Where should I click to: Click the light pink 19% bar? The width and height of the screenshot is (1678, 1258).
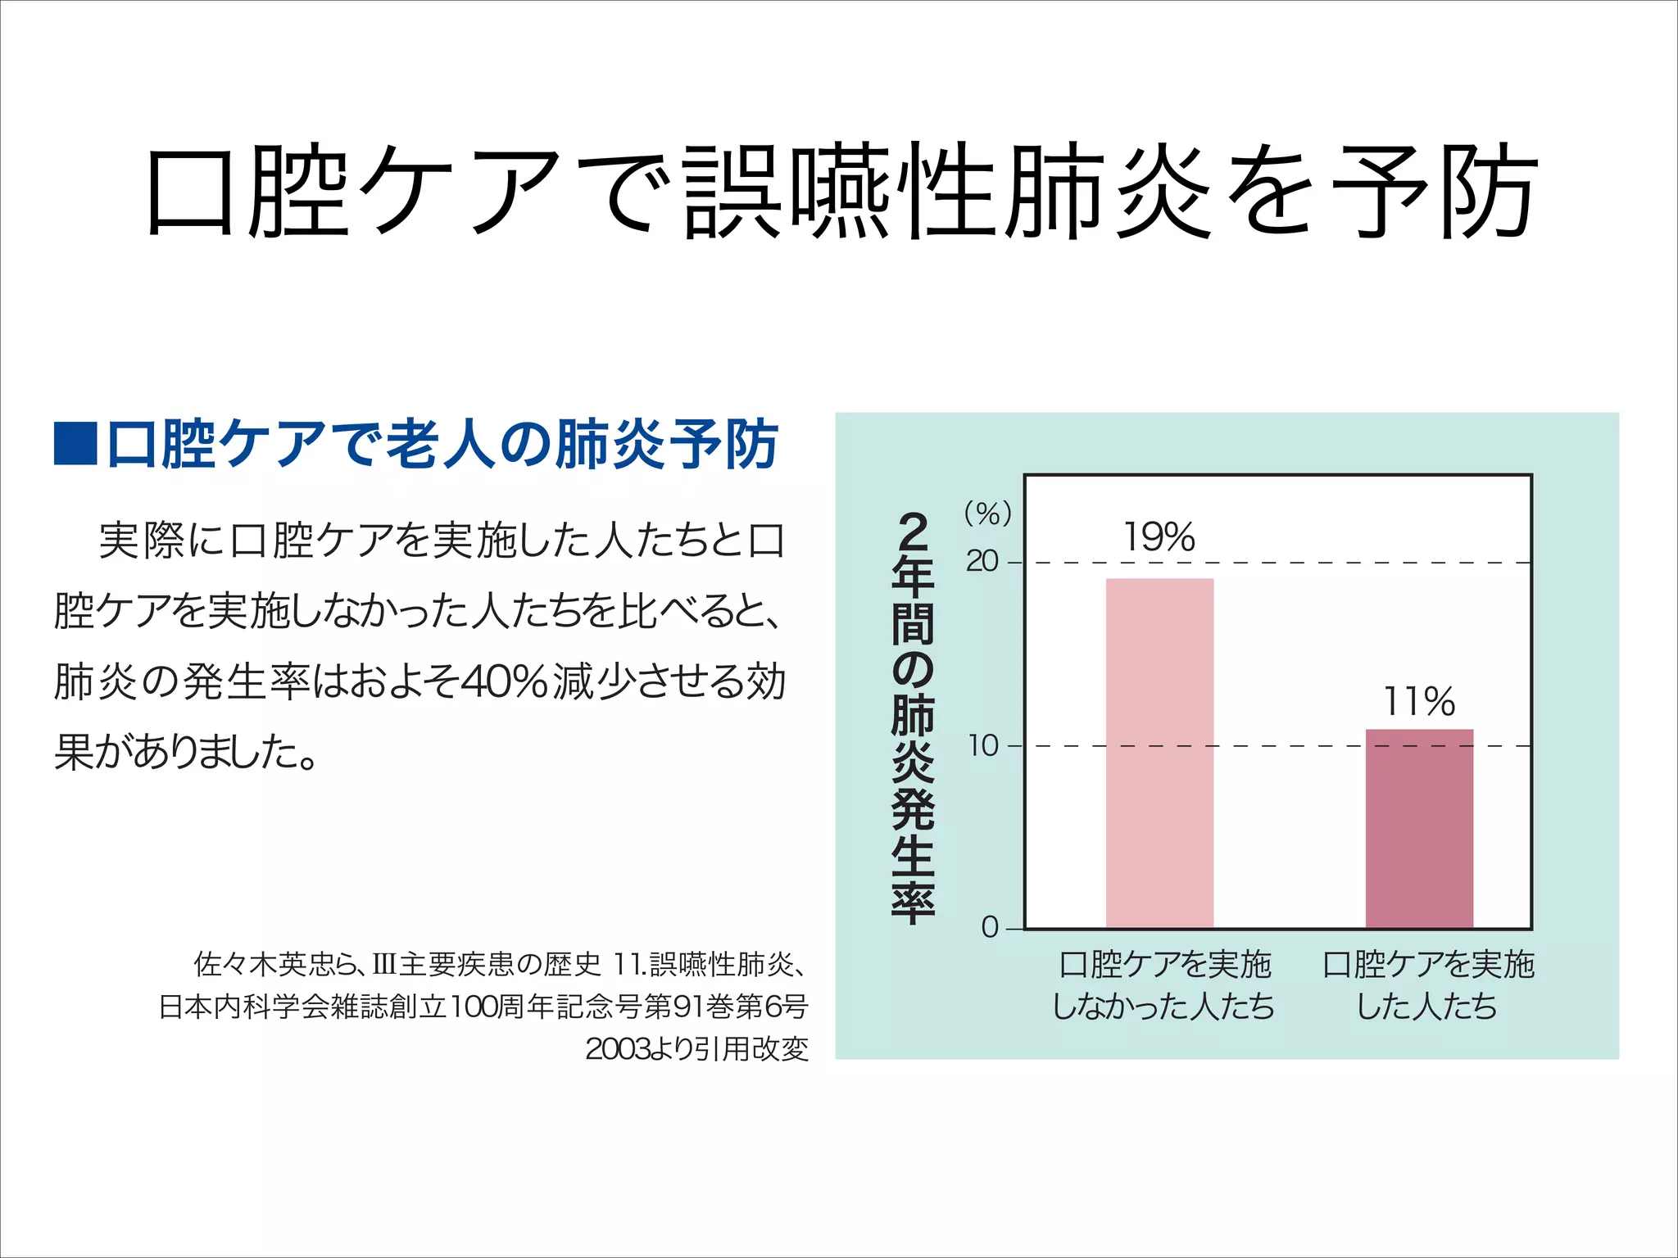click(1159, 753)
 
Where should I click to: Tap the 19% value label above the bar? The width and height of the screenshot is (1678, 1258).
click(1159, 537)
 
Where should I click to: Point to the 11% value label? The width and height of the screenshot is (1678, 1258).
click(1419, 702)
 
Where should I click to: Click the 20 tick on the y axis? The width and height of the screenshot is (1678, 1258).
click(982, 562)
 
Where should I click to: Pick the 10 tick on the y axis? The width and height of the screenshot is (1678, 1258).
click(983, 746)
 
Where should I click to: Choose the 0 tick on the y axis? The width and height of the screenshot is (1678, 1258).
click(990, 928)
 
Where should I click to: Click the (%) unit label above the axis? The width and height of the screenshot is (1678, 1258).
click(987, 514)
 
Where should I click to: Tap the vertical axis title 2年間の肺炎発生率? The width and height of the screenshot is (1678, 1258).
click(913, 717)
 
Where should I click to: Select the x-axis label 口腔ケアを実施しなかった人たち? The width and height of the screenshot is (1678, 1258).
click(1163, 985)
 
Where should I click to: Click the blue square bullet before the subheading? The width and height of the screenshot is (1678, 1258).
click(75, 443)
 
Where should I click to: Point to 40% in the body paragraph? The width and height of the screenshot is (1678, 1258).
click(504, 681)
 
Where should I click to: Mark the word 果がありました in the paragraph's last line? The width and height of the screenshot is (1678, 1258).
click(184, 752)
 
